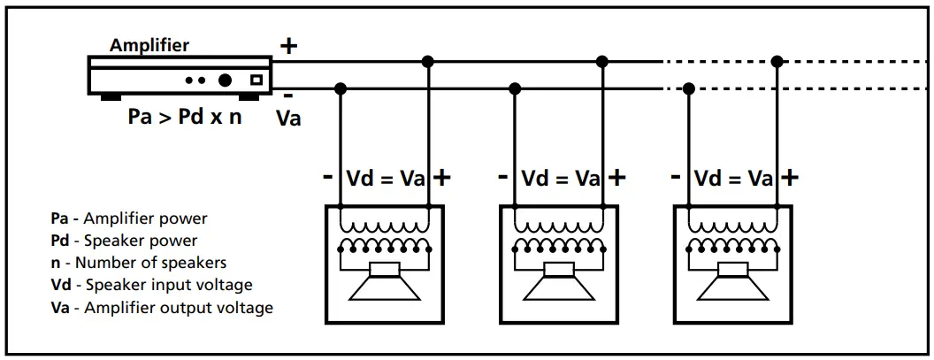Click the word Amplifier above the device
point(149,45)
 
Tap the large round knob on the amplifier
point(226,80)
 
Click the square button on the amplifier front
point(256,80)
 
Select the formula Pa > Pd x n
point(184,116)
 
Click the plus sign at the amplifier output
point(288,46)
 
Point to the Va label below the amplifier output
point(288,117)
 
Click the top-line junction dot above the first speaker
point(428,61)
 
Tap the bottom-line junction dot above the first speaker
point(341,88)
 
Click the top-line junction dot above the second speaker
point(602,61)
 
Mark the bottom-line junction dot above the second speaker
point(515,88)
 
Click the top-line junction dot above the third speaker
point(777,61)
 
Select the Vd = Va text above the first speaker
point(385,179)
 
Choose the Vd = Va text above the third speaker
point(733,179)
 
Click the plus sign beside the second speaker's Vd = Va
point(616,178)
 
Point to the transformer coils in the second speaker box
point(558,234)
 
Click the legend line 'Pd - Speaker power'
point(124,240)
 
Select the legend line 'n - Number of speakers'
point(139,263)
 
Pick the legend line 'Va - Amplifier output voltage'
point(162,308)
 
